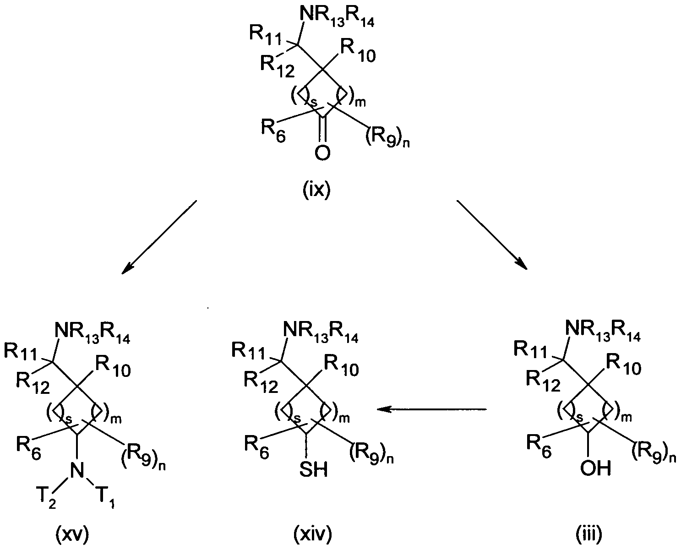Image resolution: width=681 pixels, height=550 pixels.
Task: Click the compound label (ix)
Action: pyautogui.click(x=316, y=191)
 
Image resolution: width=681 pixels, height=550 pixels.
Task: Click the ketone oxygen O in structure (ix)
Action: pyautogui.click(x=322, y=153)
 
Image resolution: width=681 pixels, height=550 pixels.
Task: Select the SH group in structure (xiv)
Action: pyautogui.click(x=314, y=470)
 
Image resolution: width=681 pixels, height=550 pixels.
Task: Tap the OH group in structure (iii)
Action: pyautogui.click(x=595, y=468)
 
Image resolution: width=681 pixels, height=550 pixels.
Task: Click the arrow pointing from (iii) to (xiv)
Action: pyautogui.click(x=431, y=409)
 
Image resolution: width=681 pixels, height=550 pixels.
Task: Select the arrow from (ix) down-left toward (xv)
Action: pyautogui.click(x=159, y=237)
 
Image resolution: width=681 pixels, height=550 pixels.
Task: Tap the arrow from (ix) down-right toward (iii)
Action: pyautogui.click(x=492, y=235)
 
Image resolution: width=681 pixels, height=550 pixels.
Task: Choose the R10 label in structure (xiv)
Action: pyautogui.click(x=341, y=366)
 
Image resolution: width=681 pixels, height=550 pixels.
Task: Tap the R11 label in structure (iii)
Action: pyautogui.click(x=531, y=349)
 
